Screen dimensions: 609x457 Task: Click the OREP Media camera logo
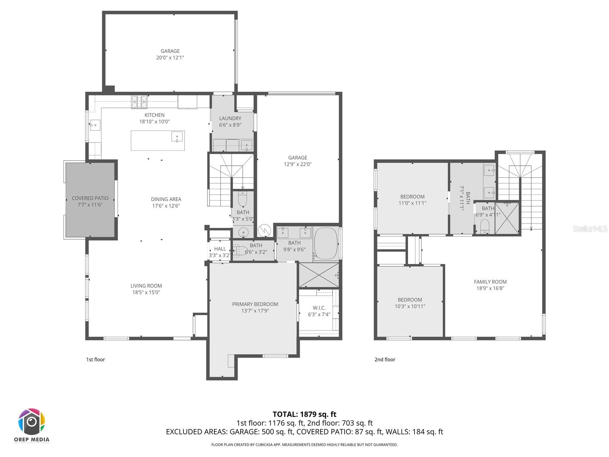click(32, 422)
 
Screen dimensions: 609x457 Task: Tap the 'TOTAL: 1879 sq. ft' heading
click(304, 414)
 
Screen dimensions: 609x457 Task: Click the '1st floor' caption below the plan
click(96, 360)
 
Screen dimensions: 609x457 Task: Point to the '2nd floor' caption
click(385, 360)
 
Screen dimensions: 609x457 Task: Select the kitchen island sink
click(177, 137)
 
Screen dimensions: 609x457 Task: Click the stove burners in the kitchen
click(140, 102)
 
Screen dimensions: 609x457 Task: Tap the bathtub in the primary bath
click(326, 244)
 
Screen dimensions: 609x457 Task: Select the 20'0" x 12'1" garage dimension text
click(170, 58)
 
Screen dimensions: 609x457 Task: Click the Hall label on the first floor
click(220, 249)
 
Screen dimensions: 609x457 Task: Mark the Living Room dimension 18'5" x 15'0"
click(146, 292)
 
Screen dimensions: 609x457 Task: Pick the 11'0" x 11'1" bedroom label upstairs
click(412, 203)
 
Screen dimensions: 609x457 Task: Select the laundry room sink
click(247, 145)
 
